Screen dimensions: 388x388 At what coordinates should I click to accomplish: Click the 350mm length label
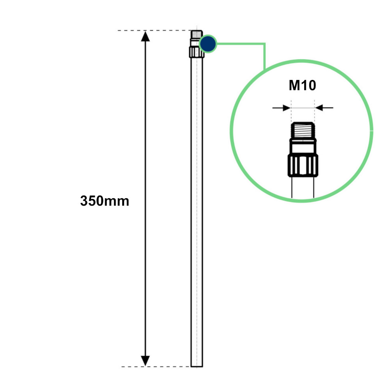click(104, 201)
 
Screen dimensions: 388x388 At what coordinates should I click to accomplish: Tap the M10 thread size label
click(302, 85)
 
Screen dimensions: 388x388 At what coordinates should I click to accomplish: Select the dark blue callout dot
click(208, 44)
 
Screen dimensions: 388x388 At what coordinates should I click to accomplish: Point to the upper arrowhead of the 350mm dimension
click(145, 36)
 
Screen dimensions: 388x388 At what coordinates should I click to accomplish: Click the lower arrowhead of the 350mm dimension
click(145, 360)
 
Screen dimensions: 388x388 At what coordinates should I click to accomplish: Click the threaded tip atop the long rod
click(197, 34)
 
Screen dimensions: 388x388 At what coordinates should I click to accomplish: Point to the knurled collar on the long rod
click(197, 52)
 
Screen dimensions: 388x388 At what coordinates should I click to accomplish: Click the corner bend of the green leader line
click(265, 44)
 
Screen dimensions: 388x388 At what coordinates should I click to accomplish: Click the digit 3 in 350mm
click(84, 201)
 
